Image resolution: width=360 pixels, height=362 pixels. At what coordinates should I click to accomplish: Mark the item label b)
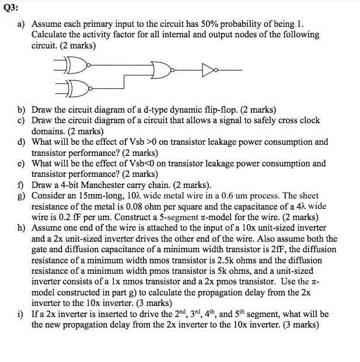coord(22,110)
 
